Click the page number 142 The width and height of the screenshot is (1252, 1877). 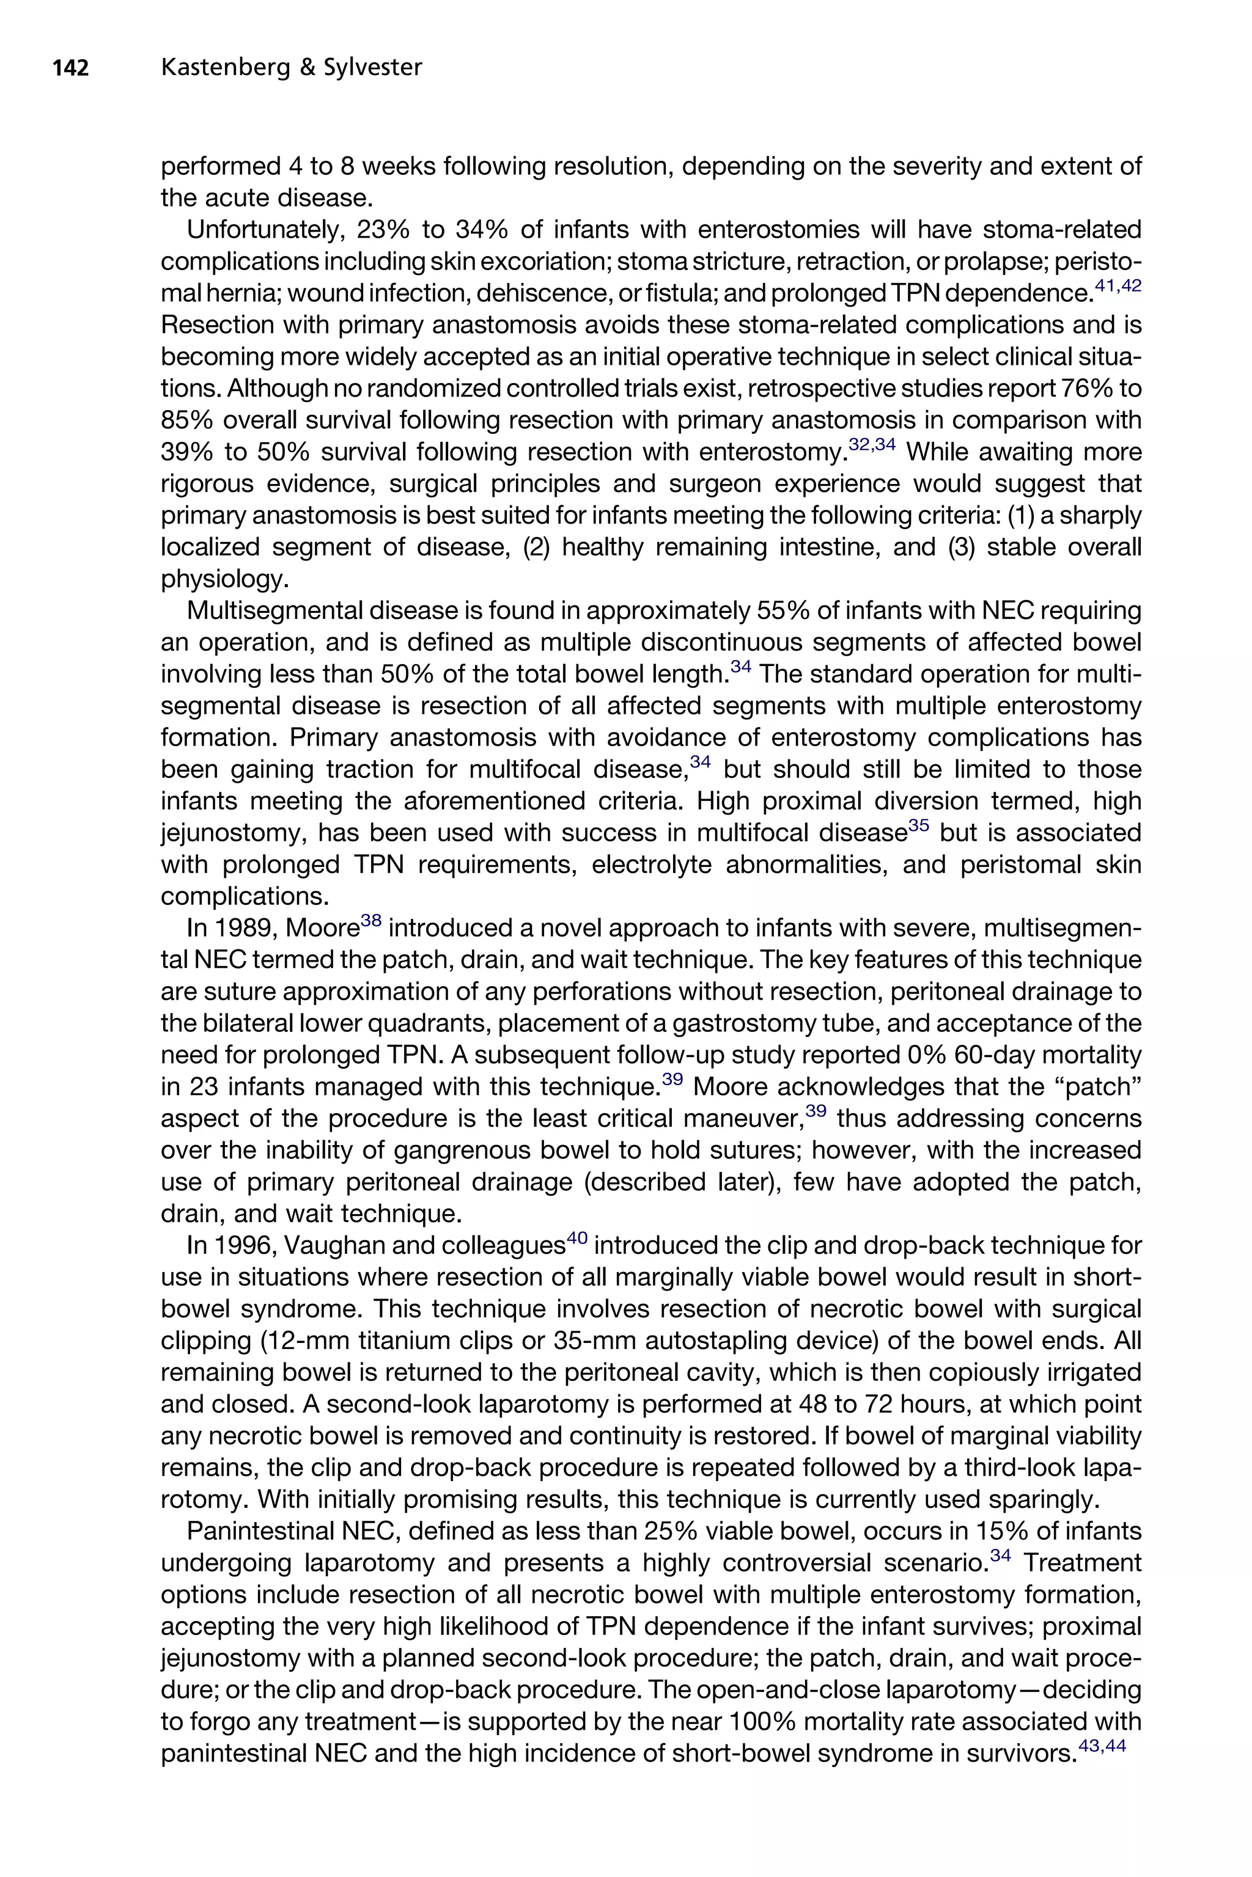point(70,68)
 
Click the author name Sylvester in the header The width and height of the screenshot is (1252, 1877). point(372,68)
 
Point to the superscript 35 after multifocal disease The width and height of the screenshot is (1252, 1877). point(919,826)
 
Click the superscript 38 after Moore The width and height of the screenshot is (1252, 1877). point(371,921)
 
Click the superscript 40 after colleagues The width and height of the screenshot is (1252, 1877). point(576,1239)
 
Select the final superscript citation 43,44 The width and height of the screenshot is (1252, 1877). point(1102,1747)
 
